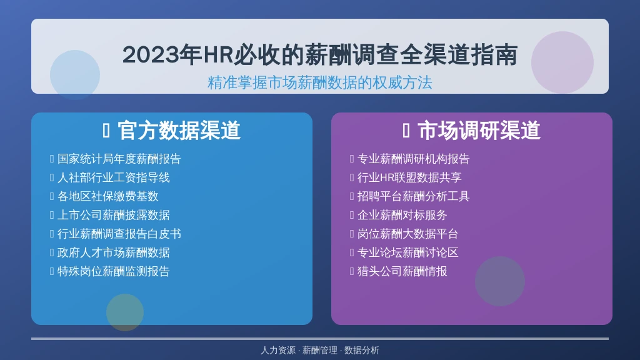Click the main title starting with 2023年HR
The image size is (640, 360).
tap(320, 55)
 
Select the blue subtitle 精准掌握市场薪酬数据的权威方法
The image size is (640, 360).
tap(320, 82)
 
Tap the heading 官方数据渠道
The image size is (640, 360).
tap(179, 131)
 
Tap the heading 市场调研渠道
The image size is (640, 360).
tap(479, 131)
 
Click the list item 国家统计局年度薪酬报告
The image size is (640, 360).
tap(119, 159)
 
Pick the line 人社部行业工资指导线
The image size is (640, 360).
tap(114, 177)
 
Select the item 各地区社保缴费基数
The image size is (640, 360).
tap(107, 196)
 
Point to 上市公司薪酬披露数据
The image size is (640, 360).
tap(114, 215)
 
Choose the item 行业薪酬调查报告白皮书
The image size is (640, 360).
tap(119, 234)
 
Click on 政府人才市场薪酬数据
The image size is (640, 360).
tap(114, 252)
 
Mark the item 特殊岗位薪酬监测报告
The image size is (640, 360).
tap(114, 271)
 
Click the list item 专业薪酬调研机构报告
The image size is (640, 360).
tap(414, 159)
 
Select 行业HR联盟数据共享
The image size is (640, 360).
tap(409, 177)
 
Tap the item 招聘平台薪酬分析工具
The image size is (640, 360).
tap(414, 196)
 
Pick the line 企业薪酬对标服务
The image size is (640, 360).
tap(402, 215)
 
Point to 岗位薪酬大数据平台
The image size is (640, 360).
tap(407, 234)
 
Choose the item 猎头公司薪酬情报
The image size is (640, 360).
tap(402, 271)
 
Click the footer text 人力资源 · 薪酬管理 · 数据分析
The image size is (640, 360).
tap(320, 350)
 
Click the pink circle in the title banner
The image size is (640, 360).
tap(562, 62)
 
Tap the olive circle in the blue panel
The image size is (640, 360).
tap(125, 312)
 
